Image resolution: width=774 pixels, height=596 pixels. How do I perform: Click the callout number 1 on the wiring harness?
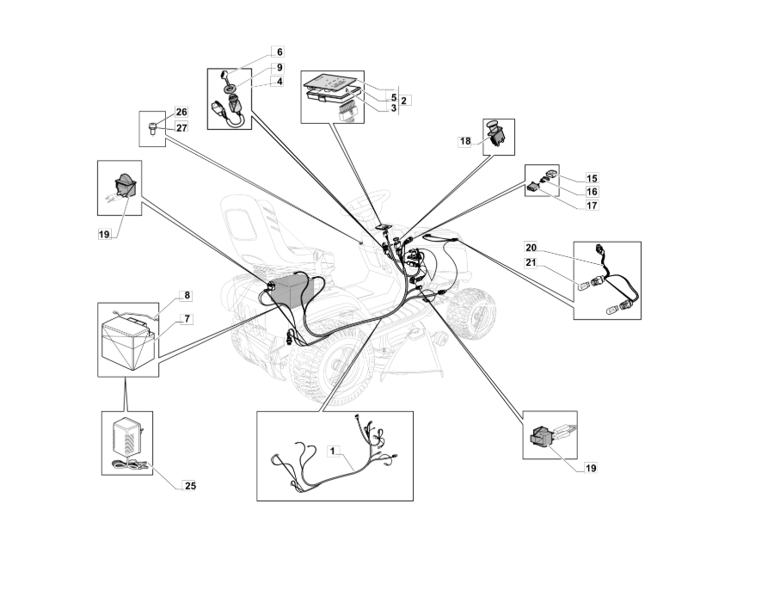pyautogui.click(x=333, y=451)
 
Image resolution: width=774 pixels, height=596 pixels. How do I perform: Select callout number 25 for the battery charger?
pyautogui.click(x=190, y=486)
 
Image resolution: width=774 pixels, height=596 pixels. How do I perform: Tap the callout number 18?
pyautogui.click(x=465, y=142)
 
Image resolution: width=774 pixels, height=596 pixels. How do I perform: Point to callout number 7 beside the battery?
pyautogui.click(x=187, y=319)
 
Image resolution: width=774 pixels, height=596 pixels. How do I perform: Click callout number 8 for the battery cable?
pyautogui.click(x=187, y=296)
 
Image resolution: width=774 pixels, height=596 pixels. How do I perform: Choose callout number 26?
pyautogui.click(x=279, y=52)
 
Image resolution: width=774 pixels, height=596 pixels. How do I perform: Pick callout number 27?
pyautogui.click(x=181, y=128)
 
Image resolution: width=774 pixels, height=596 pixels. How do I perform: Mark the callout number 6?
pyautogui.click(x=279, y=52)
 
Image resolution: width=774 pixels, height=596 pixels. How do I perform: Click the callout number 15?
pyautogui.click(x=592, y=178)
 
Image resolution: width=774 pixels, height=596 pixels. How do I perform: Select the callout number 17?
pyautogui.click(x=592, y=206)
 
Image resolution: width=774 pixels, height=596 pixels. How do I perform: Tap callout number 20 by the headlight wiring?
pyautogui.click(x=531, y=248)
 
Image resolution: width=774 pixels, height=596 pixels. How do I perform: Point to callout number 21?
pyautogui.click(x=531, y=262)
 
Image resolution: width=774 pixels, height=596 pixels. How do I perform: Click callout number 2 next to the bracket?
pyautogui.click(x=404, y=101)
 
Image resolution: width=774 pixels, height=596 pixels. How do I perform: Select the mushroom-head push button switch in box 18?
pyautogui.click(x=495, y=132)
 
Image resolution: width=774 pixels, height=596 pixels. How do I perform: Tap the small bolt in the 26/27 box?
pyautogui.click(x=152, y=129)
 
